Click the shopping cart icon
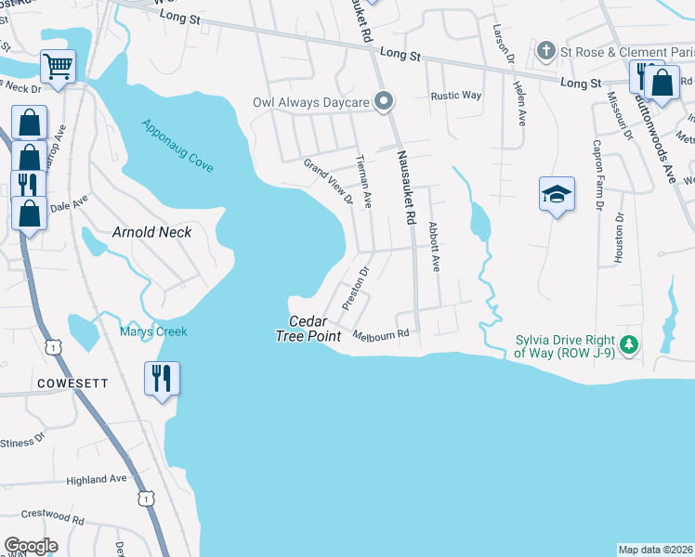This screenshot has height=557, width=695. click(58, 66)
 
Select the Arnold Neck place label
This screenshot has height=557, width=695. click(152, 232)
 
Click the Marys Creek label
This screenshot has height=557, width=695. click(153, 331)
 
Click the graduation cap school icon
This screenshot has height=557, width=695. click(557, 193)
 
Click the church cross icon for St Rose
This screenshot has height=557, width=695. click(547, 50)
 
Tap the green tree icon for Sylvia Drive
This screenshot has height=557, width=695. click(629, 345)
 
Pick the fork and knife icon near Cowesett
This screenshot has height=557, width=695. click(162, 377)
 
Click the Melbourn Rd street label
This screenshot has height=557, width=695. click(381, 334)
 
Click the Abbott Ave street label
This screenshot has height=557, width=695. click(433, 246)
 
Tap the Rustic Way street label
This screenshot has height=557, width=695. click(455, 96)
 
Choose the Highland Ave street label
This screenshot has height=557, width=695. click(97, 479)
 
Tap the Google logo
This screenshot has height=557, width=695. click(31, 546)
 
